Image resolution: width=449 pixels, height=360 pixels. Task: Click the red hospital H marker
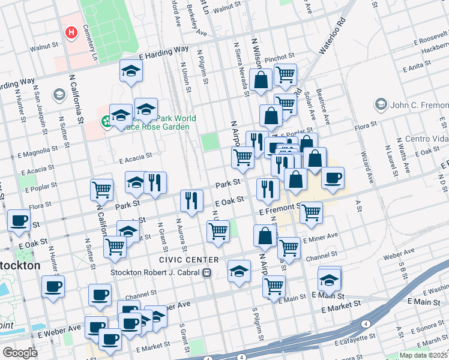click(72, 32)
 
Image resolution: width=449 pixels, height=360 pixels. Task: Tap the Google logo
click(20, 353)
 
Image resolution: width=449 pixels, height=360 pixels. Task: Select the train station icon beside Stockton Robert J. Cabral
click(207, 272)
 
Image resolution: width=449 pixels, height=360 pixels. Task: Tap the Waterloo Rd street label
click(333, 37)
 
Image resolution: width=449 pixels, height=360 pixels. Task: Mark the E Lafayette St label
click(357, 341)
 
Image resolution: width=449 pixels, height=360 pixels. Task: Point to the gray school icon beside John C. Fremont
click(381, 105)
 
